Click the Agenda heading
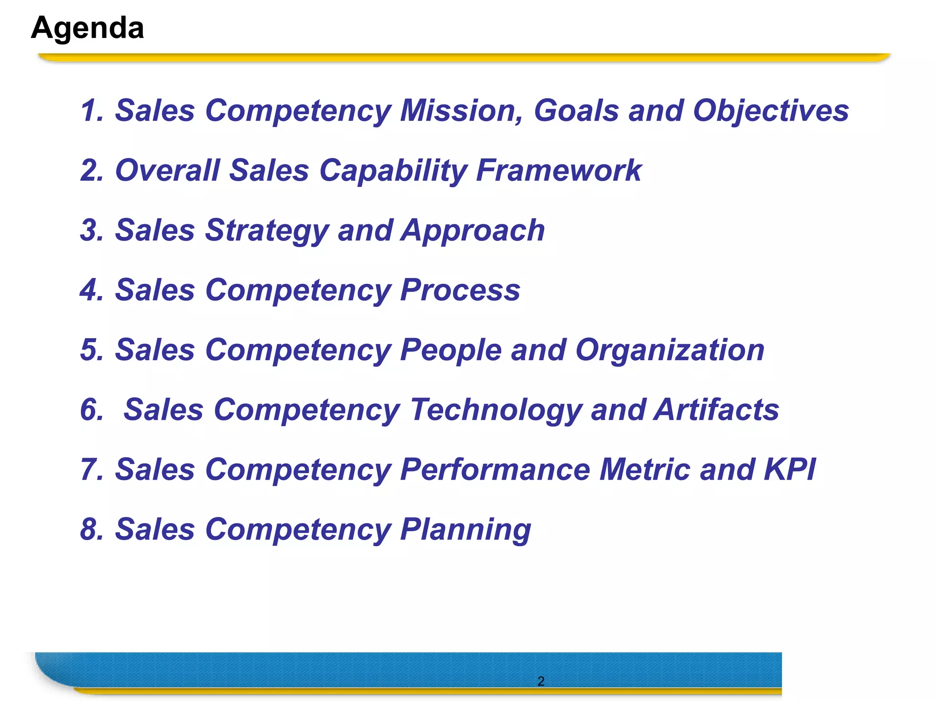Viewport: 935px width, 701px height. [88, 28]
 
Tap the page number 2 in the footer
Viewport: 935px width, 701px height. [541, 681]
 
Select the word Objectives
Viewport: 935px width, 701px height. [771, 111]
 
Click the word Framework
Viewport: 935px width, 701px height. [559, 170]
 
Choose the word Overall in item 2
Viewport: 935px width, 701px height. [167, 170]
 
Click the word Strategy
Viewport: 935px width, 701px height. [267, 231]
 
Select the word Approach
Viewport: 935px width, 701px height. [473, 231]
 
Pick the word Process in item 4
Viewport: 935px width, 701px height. [460, 290]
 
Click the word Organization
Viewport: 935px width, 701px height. [670, 350]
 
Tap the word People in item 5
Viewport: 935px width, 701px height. [451, 350]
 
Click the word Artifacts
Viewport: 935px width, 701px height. [716, 409]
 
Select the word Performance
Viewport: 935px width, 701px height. [495, 469]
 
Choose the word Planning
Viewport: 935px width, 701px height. [465, 530]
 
